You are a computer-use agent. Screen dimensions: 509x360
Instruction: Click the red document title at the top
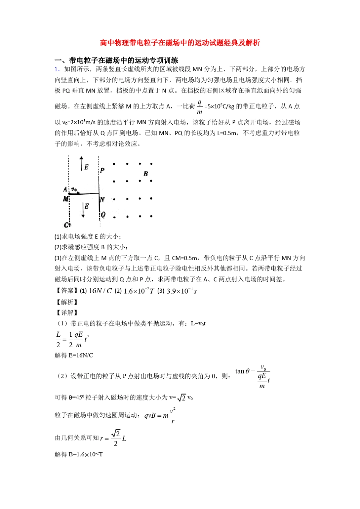click(x=180, y=43)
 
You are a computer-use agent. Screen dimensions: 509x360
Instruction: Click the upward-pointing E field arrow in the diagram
click(x=81, y=163)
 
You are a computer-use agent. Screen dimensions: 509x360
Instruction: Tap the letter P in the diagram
click(x=102, y=171)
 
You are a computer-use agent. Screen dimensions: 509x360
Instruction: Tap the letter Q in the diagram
click(x=103, y=215)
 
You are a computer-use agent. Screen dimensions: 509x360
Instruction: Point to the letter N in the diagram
click(x=102, y=200)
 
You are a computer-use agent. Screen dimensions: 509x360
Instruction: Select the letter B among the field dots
click(x=146, y=174)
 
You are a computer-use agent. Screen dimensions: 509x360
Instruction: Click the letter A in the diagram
click(x=65, y=189)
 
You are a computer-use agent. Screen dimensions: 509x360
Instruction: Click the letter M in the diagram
click(x=66, y=198)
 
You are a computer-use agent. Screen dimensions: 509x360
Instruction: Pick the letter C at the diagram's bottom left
click(x=67, y=225)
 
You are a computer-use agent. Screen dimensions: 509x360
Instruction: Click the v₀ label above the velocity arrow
click(x=74, y=189)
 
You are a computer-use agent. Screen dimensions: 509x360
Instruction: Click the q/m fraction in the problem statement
click(x=200, y=106)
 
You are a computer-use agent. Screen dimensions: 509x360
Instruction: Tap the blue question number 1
click(x=57, y=69)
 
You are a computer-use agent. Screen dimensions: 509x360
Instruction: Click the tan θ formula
click(x=252, y=376)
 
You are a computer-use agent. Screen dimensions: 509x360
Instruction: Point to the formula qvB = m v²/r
click(x=160, y=415)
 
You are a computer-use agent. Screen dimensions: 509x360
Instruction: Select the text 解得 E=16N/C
click(x=74, y=355)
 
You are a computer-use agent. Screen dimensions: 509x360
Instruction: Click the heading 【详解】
click(x=67, y=312)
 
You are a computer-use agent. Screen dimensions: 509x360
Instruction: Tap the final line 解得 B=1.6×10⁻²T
click(x=79, y=454)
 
